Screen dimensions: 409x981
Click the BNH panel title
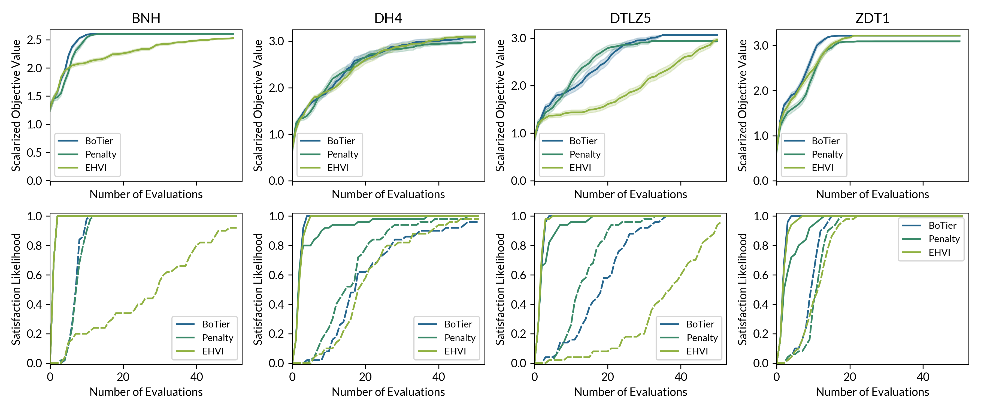click(x=146, y=18)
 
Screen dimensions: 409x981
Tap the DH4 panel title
click(x=388, y=18)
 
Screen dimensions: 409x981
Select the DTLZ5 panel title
click(x=630, y=18)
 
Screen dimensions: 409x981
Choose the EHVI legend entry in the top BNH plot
click(x=96, y=168)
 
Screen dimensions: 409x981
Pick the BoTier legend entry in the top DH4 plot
click(x=341, y=141)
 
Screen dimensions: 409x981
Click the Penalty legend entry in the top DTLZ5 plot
click(x=585, y=154)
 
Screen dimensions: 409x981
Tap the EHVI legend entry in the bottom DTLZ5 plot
click(x=697, y=351)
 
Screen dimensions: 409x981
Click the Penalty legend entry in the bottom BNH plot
click(x=217, y=338)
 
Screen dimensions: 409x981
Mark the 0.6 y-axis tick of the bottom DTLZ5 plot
click(x=518, y=275)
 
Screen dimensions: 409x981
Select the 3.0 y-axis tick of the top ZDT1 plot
click(x=761, y=46)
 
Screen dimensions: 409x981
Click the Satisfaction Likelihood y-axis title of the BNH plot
click(x=16, y=289)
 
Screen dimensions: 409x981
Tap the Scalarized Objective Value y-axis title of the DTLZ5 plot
click(x=500, y=105)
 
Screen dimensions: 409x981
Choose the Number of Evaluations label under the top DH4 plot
click(x=388, y=194)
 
